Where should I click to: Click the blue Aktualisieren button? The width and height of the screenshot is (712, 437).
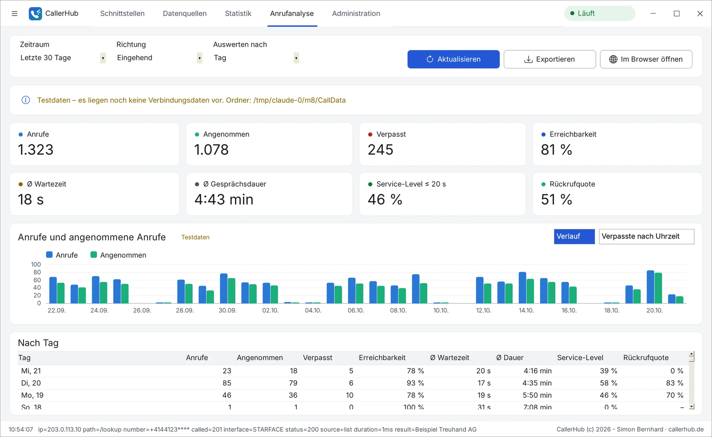453,59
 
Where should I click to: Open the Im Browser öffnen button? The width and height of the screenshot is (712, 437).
646,59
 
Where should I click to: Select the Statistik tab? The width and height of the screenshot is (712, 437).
238,13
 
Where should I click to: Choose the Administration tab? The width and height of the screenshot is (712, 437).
356,13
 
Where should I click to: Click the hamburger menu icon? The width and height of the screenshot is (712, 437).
14,13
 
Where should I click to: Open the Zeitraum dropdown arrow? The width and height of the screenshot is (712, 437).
103,58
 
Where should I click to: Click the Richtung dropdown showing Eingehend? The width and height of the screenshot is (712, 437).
159,58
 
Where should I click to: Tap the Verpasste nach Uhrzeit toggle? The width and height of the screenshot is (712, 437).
647,237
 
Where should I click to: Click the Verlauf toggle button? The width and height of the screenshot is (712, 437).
574,237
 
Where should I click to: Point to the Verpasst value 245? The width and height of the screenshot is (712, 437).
380,149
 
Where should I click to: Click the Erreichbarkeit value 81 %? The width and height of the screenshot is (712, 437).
556,149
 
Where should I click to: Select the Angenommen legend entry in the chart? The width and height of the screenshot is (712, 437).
118,255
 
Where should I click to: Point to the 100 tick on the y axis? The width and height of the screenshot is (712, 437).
36,264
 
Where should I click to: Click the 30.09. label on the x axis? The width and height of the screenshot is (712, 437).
227,310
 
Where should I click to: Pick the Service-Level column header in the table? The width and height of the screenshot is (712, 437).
580,357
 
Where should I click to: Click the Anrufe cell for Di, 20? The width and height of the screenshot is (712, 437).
227,383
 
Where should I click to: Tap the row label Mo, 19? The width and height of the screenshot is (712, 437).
32,395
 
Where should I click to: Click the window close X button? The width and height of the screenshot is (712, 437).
700,13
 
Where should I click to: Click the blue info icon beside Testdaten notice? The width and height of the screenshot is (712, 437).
26,100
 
